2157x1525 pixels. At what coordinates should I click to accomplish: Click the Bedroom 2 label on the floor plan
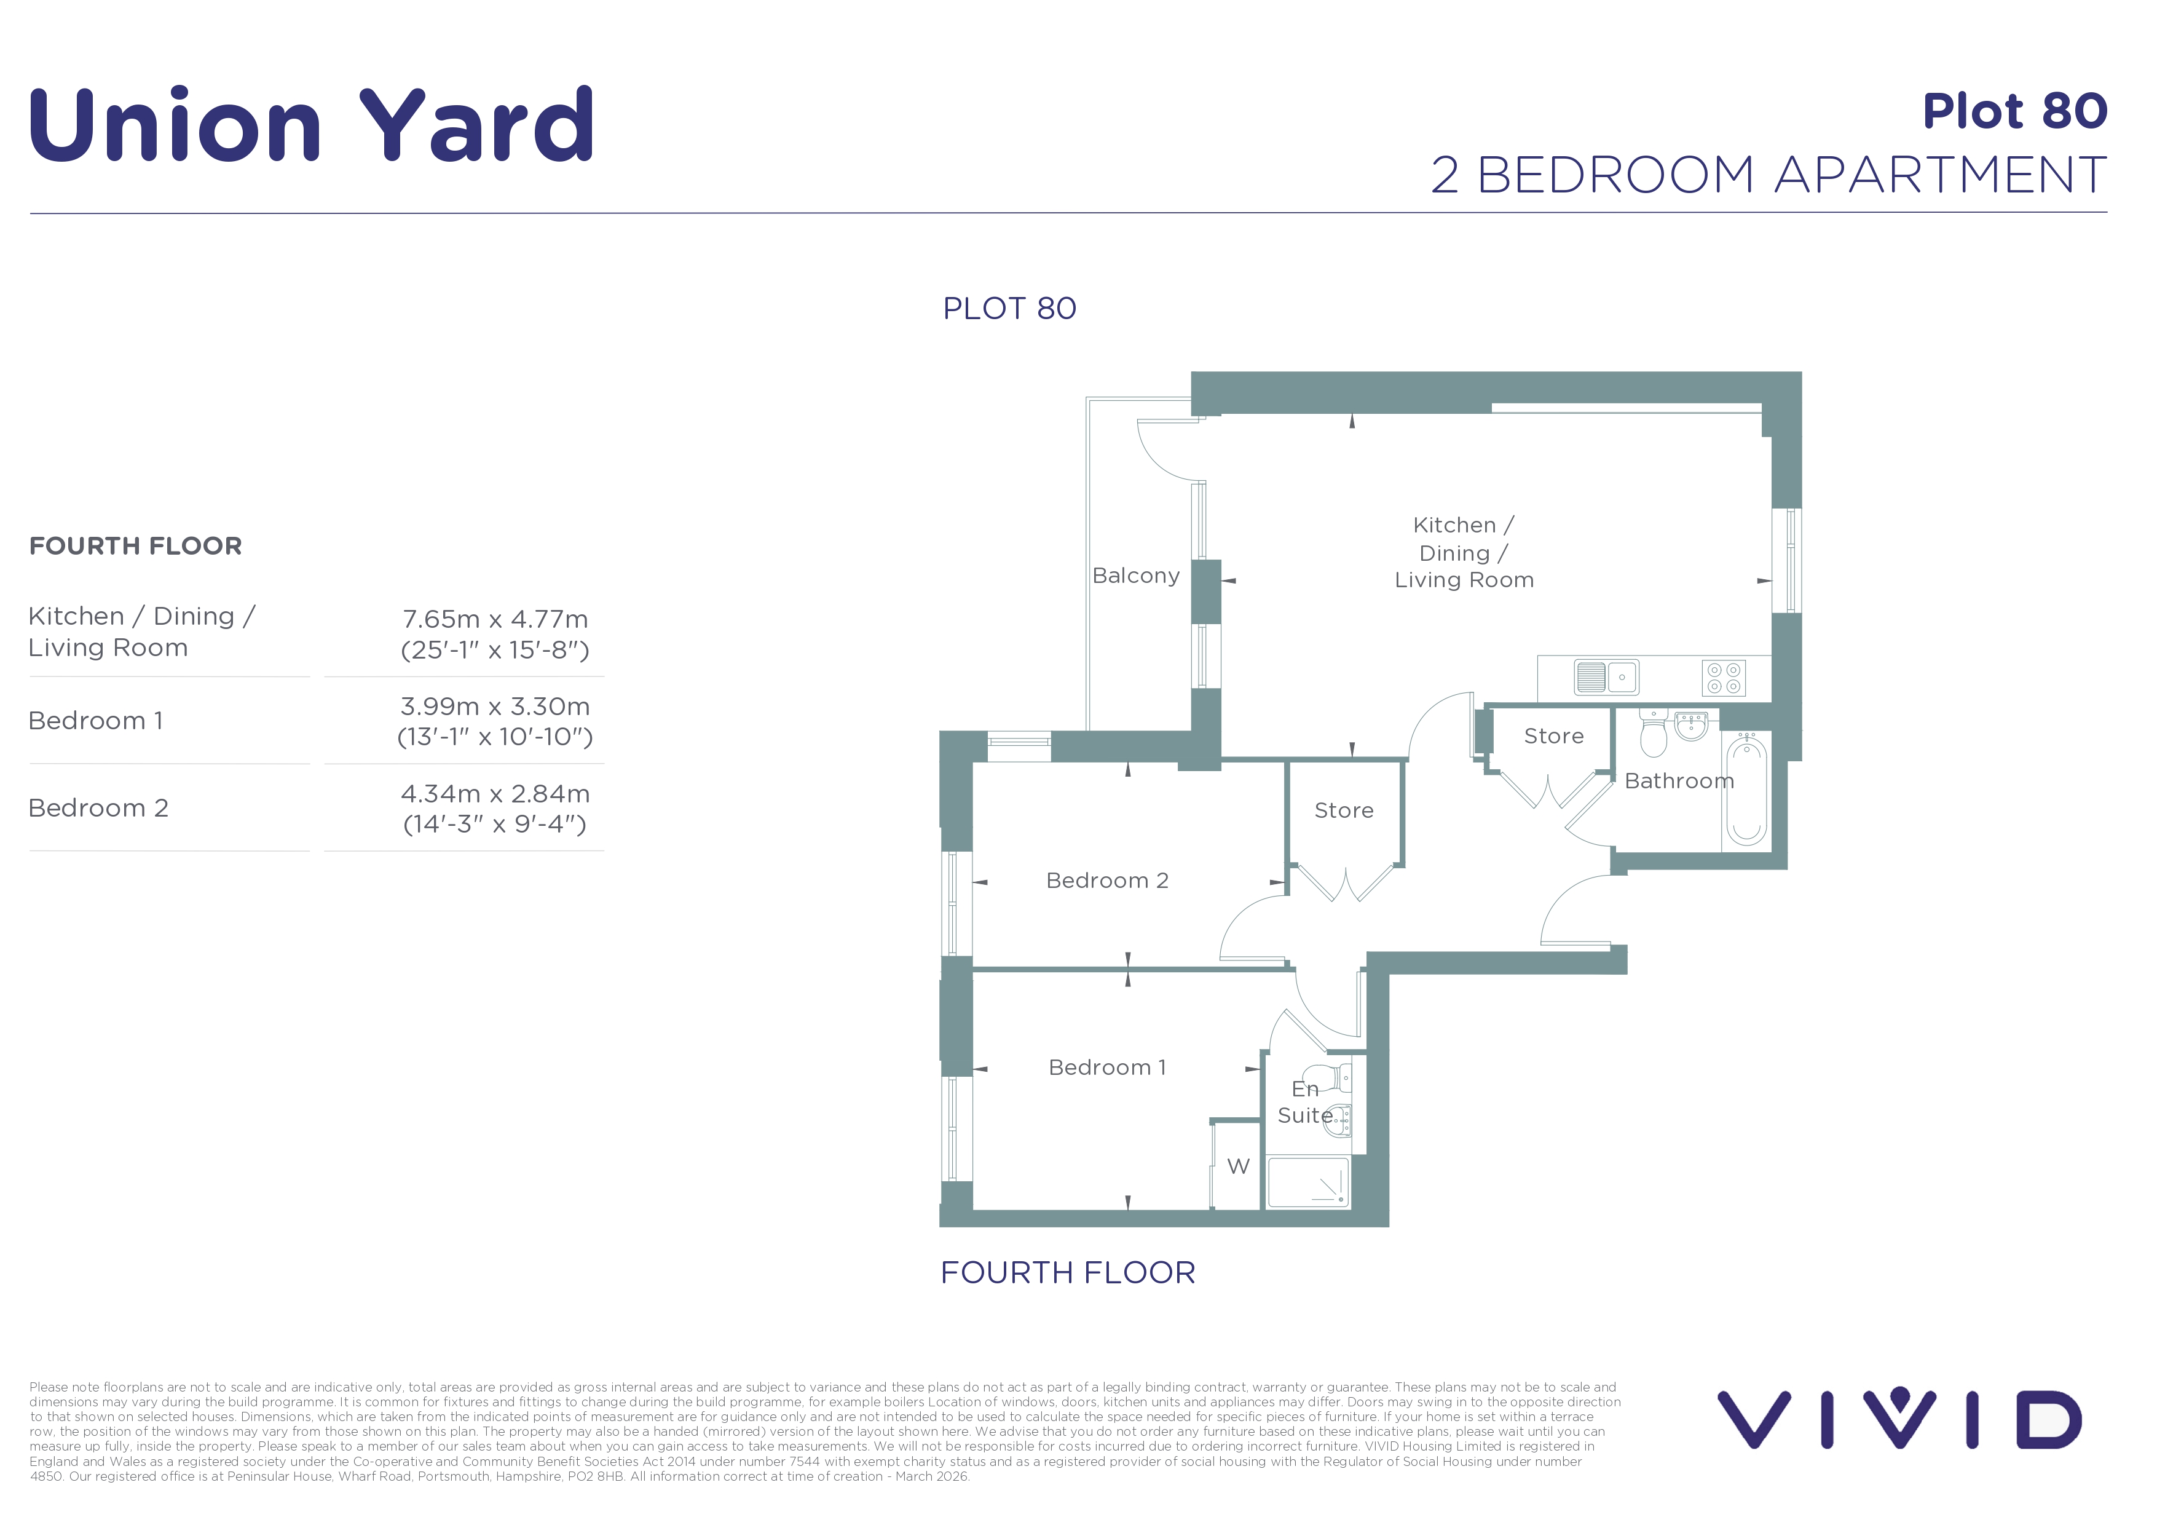pyautogui.click(x=1108, y=881)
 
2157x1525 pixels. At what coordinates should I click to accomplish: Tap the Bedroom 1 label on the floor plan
pyautogui.click(x=1108, y=1067)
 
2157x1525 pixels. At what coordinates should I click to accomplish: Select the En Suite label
pyautogui.click(x=1305, y=1102)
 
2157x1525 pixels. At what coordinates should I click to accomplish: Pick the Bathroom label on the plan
pyautogui.click(x=1679, y=781)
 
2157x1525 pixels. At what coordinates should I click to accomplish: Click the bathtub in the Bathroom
pyautogui.click(x=1746, y=790)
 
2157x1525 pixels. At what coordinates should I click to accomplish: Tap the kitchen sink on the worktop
pyautogui.click(x=1606, y=676)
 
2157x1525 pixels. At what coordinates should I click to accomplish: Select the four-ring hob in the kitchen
pyautogui.click(x=1724, y=678)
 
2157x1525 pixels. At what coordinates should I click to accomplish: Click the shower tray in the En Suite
pyautogui.click(x=1307, y=1182)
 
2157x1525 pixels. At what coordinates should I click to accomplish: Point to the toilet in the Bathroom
pyautogui.click(x=1654, y=733)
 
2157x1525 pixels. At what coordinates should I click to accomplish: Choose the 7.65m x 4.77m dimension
pyautogui.click(x=495, y=619)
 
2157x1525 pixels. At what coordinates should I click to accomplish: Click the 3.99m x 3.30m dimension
pyautogui.click(x=495, y=707)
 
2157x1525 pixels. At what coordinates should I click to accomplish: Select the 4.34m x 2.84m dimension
pyautogui.click(x=495, y=794)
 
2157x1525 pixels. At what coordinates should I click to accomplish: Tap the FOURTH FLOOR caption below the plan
pyautogui.click(x=1068, y=1272)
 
